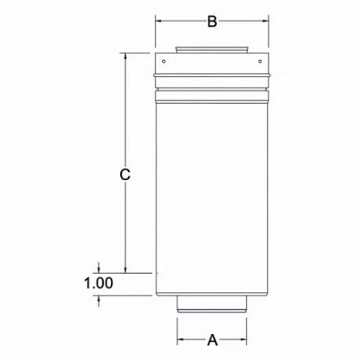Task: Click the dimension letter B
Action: click(x=211, y=22)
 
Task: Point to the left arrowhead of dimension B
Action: click(x=159, y=22)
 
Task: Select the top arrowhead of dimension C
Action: click(x=124, y=57)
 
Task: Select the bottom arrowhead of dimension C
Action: click(x=124, y=269)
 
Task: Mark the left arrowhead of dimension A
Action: click(x=180, y=340)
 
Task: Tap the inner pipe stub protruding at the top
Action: click(x=211, y=49)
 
